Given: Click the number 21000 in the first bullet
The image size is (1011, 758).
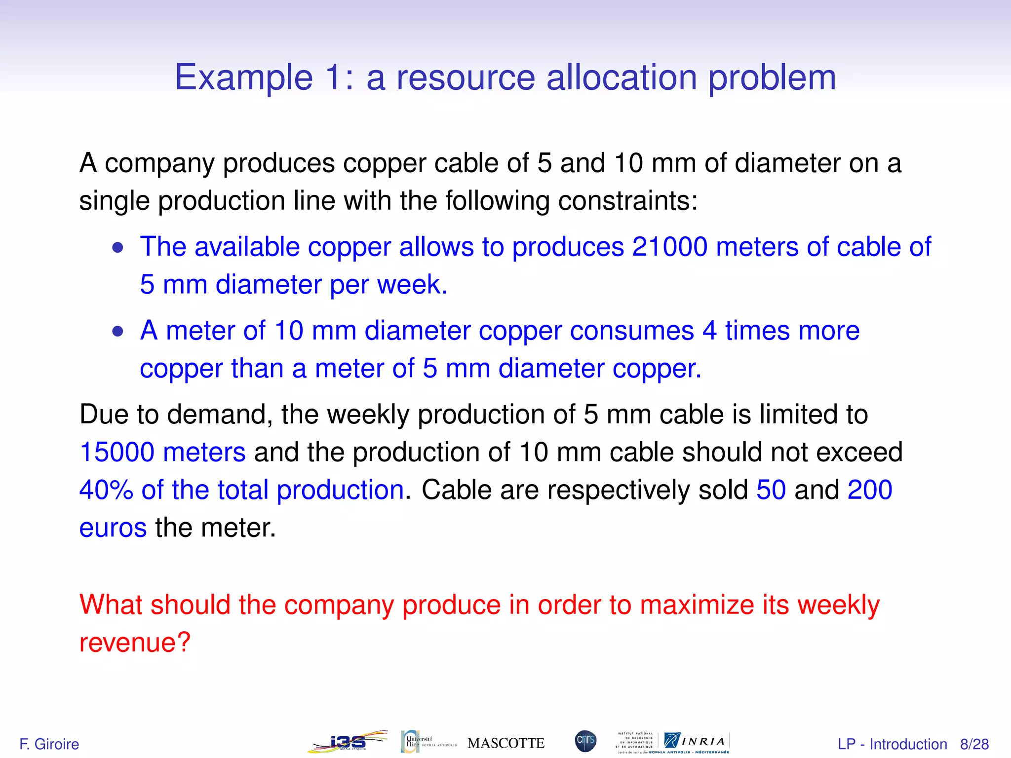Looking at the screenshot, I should click(669, 247).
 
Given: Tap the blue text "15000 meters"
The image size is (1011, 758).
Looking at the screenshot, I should click(162, 452).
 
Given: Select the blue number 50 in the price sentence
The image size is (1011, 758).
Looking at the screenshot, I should click(771, 490).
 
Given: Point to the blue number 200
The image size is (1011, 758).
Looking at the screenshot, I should click(870, 490).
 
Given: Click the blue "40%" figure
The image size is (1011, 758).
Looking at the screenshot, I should click(106, 490).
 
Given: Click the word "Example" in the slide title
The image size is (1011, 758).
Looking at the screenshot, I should click(244, 78).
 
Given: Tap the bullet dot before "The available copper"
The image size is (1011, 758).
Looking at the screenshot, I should click(117, 247).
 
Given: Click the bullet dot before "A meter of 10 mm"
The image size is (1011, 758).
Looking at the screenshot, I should click(117, 331).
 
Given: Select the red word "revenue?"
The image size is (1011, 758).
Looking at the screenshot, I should click(135, 643).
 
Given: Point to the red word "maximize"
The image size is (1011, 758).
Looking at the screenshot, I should click(697, 605).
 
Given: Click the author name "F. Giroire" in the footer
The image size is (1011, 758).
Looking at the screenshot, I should click(49, 744).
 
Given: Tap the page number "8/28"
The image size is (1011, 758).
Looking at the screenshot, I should click(974, 744).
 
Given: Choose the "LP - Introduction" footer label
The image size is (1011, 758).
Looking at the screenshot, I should click(892, 744).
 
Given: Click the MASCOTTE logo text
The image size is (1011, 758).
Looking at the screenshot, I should click(505, 743).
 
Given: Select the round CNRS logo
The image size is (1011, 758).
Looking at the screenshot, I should click(585, 741).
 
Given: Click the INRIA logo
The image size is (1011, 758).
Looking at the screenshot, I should click(696, 741).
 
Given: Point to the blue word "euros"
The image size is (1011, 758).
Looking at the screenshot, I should click(113, 528).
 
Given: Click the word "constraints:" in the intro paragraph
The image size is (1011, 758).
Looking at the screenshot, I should click(628, 201).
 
